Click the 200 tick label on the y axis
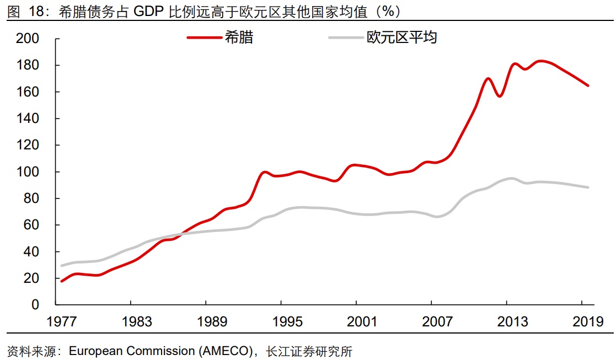pyautogui.click(x=28, y=39)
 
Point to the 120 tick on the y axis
pyautogui.click(x=28, y=145)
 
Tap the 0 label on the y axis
pyautogui.click(x=35, y=305)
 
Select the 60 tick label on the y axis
pyautogui.click(x=31, y=225)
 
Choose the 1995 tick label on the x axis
pyautogui.click(x=281, y=322)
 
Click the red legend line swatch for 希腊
pyautogui.click(x=204, y=37)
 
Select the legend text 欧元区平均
pyautogui.click(x=401, y=37)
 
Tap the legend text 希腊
pyautogui.click(x=239, y=37)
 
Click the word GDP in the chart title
pyautogui.click(x=148, y=10)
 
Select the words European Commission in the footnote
pyautogui.click(x=131, y=351)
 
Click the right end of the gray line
pyautogui.click(x=588, y=187)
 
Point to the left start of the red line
pyautogui.click(x=61, y=281)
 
